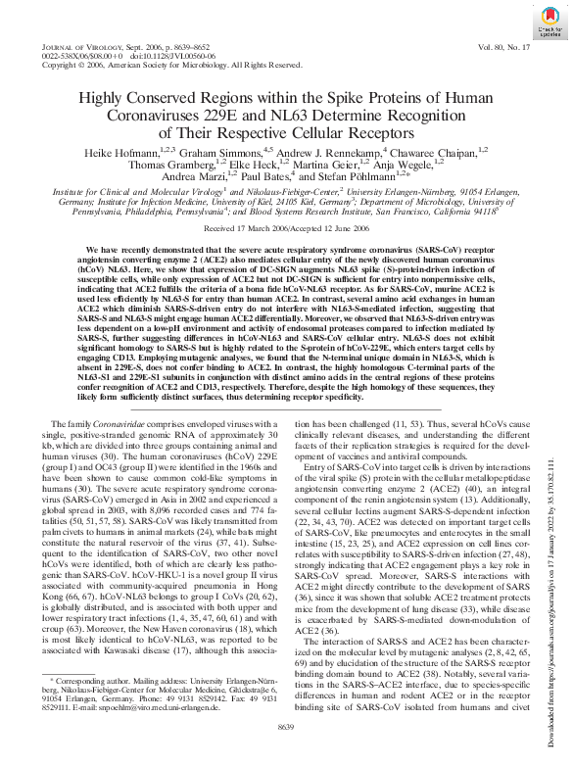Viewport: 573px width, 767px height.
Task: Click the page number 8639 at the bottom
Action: click(286, 752)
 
